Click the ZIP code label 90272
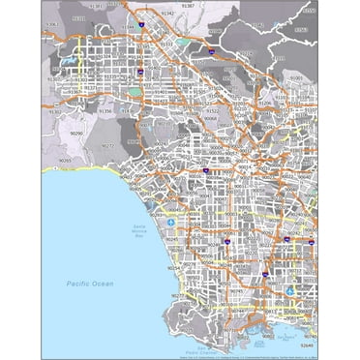[x=109, y=145]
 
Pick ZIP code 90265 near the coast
[x=64, y=160]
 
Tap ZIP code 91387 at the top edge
[x=188, y=6]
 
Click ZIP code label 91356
[x=105, y=111]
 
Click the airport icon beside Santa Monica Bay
[x=171, y=222]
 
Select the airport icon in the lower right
[x=291, y=289]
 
